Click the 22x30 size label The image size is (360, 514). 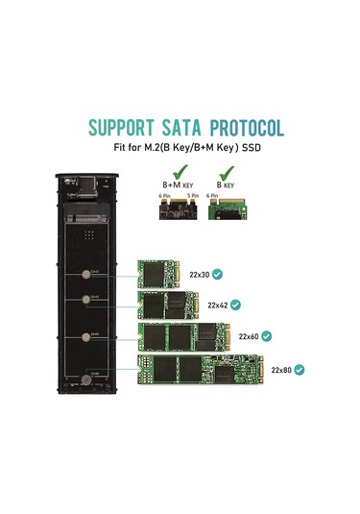(199, 274)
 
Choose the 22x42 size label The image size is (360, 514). (218, 305)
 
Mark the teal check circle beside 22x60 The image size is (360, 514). (266, 337)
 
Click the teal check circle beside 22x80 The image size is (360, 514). (300, 369)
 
